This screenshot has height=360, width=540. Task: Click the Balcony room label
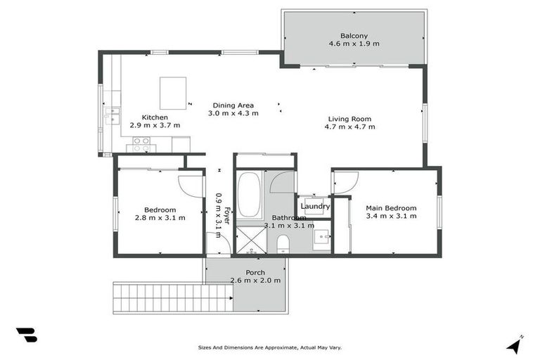[354, 35]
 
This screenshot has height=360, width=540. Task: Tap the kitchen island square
[174, 92]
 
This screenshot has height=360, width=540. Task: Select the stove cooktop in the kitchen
[141, 144]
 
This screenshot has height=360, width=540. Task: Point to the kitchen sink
[112, 116]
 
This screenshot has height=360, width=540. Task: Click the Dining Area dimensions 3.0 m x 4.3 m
[235, 113]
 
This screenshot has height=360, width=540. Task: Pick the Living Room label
[349, 119]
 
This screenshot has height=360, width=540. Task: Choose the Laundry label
[315, 206]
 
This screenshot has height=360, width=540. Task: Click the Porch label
[255, 272]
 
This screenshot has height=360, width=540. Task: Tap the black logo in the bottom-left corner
[26, 335]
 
